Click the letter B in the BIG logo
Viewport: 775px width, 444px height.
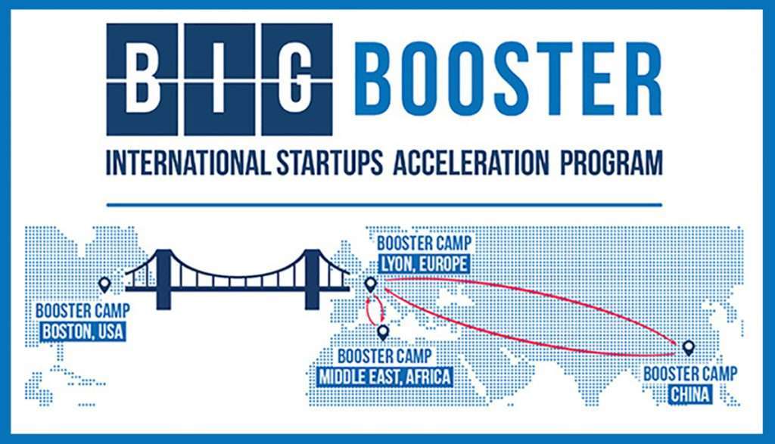142,79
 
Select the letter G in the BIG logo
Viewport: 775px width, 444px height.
297,79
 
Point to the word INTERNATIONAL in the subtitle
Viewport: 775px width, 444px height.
188,163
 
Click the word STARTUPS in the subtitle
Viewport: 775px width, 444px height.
330,163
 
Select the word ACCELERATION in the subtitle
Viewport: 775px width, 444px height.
471,163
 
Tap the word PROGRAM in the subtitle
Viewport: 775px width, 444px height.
611,163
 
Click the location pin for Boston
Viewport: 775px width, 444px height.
104,284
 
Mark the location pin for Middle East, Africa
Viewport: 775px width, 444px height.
382,332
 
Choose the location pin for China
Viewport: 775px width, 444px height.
688,348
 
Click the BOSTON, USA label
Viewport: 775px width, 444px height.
82,331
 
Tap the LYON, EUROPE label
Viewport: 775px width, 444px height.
423,264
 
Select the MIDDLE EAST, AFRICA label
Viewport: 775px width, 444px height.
384,377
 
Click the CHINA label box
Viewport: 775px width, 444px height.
690,395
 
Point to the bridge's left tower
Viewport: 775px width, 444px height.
163,280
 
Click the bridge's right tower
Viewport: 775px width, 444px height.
312,280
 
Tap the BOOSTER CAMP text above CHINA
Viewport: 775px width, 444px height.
690,374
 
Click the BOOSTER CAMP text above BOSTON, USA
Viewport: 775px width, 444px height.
82,311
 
